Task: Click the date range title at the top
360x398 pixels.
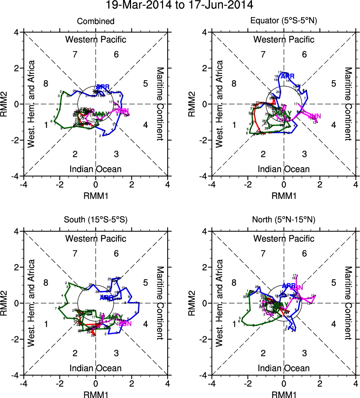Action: (x=180, y=6)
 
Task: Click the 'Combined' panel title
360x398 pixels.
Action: (x=96, y=21)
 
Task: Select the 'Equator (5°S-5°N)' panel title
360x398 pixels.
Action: (x=284, y=21)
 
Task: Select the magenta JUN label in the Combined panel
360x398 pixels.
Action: (x=124, y=111)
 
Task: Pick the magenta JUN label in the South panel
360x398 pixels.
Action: (x=125, y=323)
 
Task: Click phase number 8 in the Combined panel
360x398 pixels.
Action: (x=46, y=84)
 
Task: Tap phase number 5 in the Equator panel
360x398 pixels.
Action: (x=333, y=84)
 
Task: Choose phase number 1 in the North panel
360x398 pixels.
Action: (x=234, y=324)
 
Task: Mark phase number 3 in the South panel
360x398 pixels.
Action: (x=116, y=353)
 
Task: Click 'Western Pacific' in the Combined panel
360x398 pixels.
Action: (x=96, y=39)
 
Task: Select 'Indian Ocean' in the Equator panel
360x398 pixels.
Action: (x=284, y=169)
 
